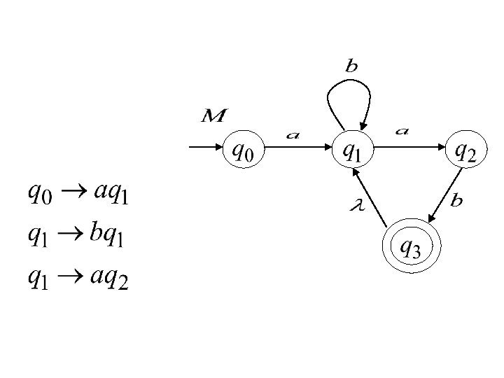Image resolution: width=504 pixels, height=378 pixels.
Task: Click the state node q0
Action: (243, 149)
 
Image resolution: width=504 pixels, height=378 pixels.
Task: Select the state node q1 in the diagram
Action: (352, 149)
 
